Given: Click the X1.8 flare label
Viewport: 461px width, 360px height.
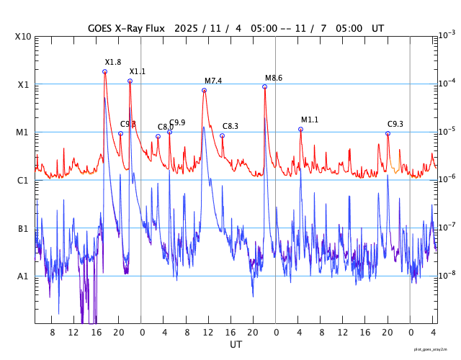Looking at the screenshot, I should (113, 63).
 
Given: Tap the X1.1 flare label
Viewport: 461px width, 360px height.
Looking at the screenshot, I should (137, 71).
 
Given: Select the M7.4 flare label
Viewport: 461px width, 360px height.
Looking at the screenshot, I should (213, 81).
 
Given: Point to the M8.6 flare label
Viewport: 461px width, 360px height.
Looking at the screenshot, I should (274, 78).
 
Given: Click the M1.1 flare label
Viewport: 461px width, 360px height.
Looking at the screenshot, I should (310, 120).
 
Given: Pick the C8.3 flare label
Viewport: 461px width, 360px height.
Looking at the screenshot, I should (230, 127).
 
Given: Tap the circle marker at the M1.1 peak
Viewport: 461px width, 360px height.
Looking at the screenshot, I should (300, 129).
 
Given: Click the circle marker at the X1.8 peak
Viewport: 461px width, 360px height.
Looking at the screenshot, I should (104, 71).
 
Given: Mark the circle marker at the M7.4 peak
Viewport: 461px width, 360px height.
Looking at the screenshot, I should (204, 90).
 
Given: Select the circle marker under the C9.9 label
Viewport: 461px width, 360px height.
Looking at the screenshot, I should (169, 132).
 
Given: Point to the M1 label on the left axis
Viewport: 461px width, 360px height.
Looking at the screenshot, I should (22, 132).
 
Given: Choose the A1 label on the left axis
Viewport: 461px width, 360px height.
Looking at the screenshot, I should (22, 276).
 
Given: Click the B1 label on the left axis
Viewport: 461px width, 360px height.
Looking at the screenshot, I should (22, 229).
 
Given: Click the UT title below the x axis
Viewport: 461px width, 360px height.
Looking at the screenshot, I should (236, 345).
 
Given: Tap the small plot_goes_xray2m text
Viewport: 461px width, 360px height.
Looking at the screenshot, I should (436, 348).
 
